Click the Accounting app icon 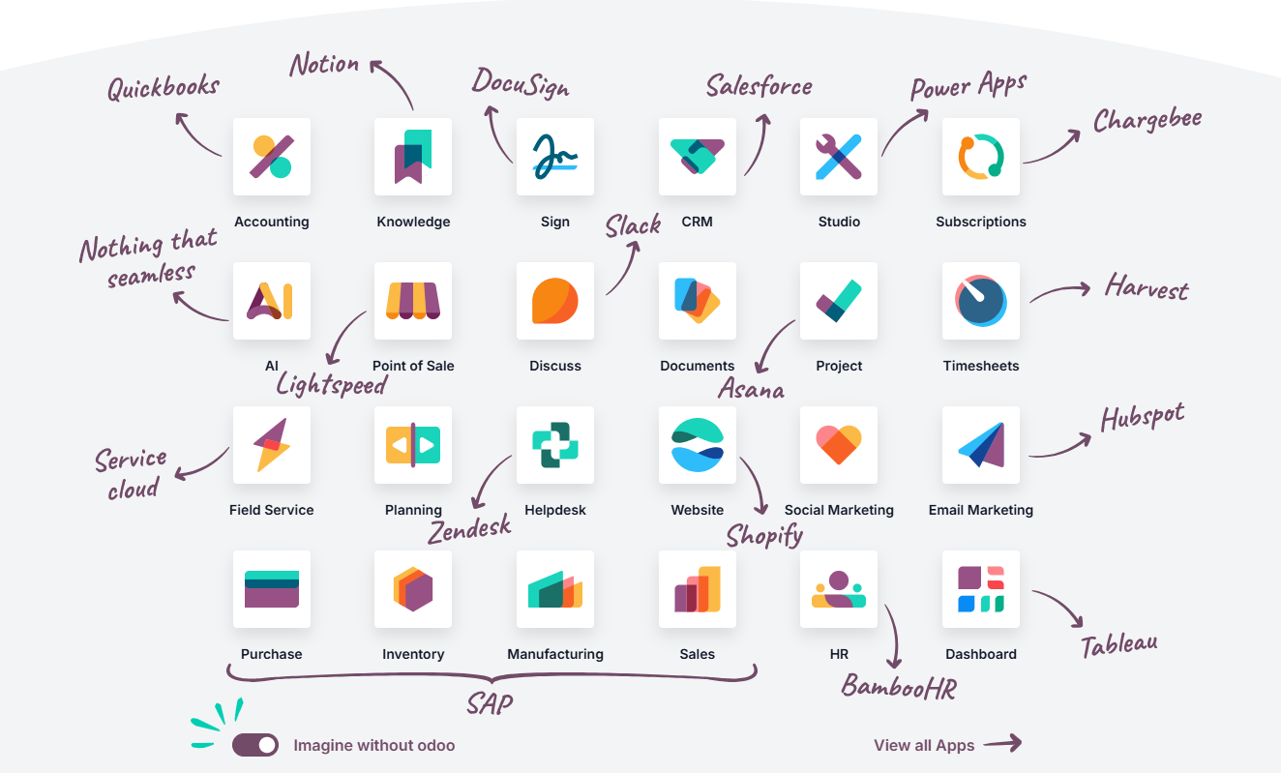272,157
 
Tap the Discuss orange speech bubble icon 555,301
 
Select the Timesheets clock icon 981,301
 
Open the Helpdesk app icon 555,445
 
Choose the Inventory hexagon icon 413,589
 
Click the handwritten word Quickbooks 164,88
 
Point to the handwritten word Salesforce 759,86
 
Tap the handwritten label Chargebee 1147,120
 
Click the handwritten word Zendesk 469,528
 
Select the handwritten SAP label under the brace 490,703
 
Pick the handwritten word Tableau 1119,645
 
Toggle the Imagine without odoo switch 255,745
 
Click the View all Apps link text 924,745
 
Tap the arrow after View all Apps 1002,743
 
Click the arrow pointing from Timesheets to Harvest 1059,291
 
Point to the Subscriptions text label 981,222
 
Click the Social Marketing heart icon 839,445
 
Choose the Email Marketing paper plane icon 981,445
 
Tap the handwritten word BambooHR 899,687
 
